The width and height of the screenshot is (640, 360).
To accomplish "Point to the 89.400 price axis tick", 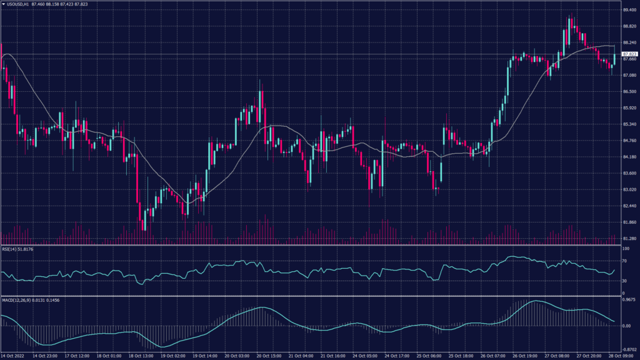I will point(629,10).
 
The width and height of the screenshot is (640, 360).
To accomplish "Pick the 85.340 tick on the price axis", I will point(629,124).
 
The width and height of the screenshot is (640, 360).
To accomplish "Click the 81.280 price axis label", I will point(629,238).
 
